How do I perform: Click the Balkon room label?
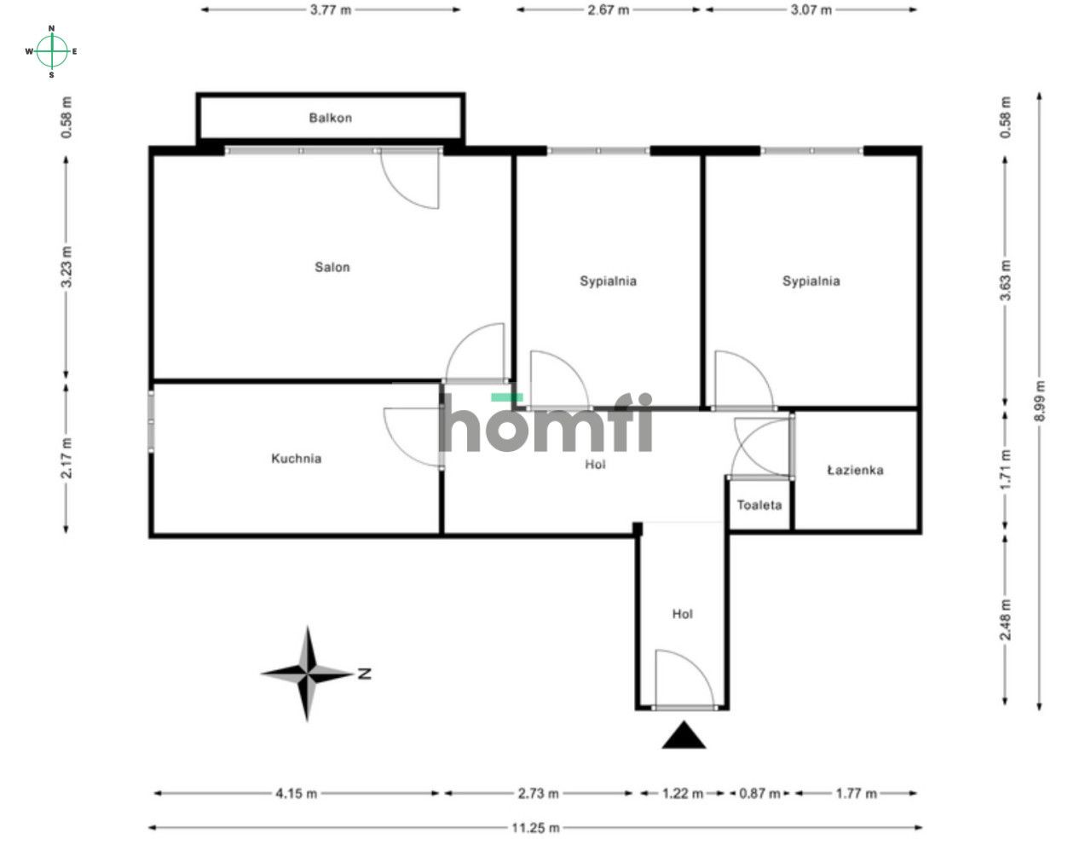pos(330,118)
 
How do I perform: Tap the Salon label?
pos(332,267)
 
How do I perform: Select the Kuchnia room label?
pos(297,459)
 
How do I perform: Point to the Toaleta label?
pos(759,505)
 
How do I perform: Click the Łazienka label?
pos(855,471)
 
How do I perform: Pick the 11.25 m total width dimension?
pos(535,828)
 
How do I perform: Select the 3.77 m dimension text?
pos(331,10)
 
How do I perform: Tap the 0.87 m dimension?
pos(759,794)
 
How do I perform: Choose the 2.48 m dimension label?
pos(1005,620)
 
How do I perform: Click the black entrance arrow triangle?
pos(684,736)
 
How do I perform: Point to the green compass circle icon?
pos(52,51)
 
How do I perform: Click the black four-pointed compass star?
pos(307,674)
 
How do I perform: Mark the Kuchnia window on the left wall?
pos(151,420)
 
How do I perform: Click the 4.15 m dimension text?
pos(297,794)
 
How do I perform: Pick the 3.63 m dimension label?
pos(1005,281)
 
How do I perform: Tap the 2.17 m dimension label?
pos(66,458)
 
